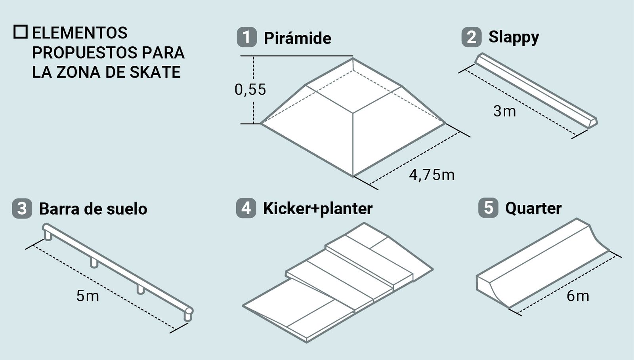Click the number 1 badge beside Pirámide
coord(246,38)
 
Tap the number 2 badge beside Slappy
coord(471,37)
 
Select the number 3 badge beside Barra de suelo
coord(22,209)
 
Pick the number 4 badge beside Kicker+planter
coord(246,208)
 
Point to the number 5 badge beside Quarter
coord(488,208)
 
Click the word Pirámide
coord(297,38)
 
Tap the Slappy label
coord(514,37)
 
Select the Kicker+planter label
coord(318,209)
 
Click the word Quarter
coord(533,208)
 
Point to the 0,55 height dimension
coord(250,90)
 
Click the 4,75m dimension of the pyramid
coord(432,175)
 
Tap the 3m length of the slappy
coord(504,111)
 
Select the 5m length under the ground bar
coord(88,295)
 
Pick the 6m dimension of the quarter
coord(577,296)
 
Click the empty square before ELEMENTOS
coord(21,32)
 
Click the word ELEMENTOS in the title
coord(80,33)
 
